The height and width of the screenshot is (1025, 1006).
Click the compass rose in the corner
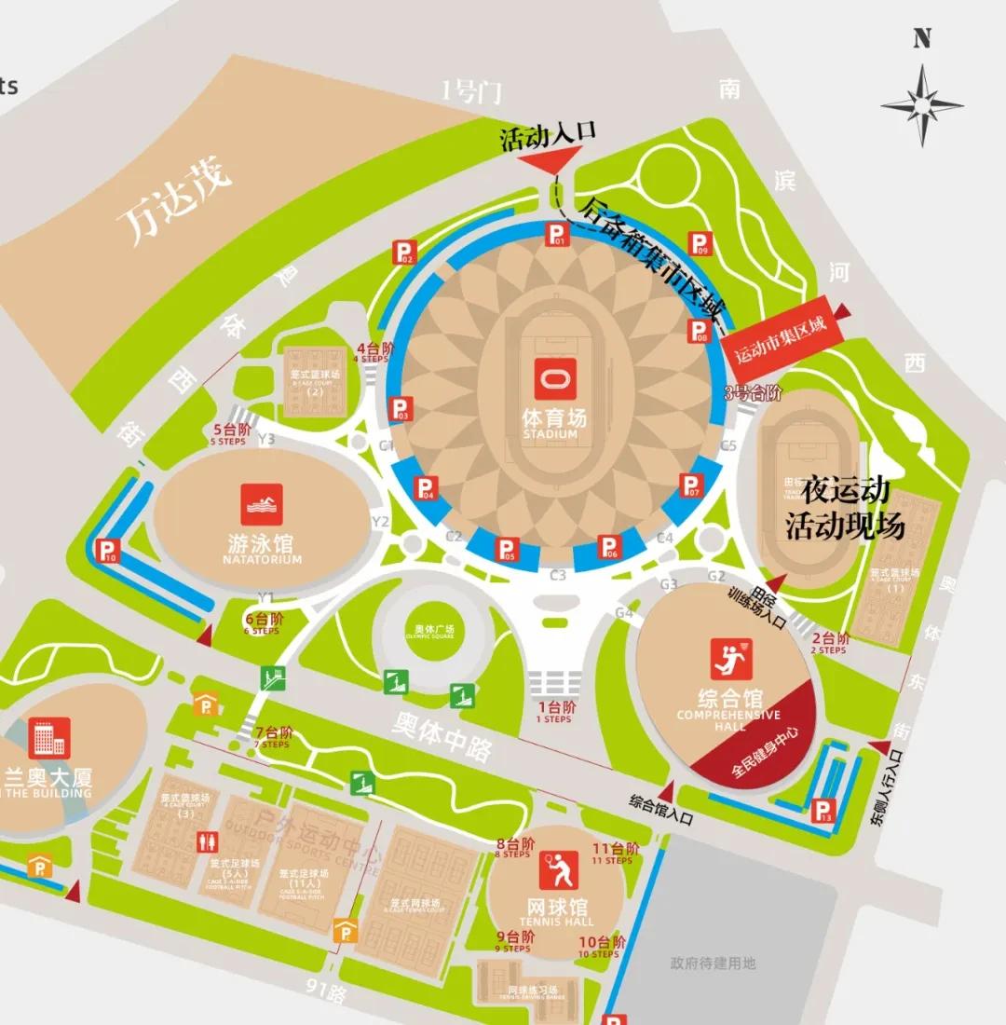point(921,103)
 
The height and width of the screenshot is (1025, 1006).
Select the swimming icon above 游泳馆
point(261,505)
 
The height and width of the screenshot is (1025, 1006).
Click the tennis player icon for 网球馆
point(558,870)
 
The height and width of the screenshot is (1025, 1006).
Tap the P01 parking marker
point(556,235)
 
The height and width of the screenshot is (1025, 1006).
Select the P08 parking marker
point(699,330)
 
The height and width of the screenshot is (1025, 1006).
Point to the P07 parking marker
point(691,485)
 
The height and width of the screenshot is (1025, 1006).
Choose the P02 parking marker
point(404,252)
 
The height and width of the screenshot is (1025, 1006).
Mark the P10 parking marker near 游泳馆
point(109,552)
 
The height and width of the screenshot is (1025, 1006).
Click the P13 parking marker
point(823,811)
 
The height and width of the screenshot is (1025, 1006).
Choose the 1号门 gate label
point(471,90)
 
